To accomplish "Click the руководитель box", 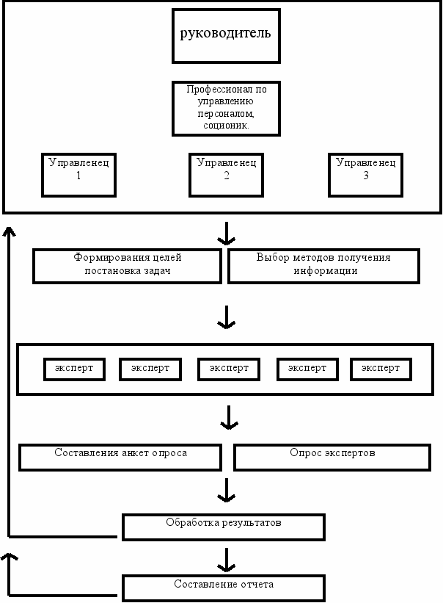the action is point(226,36).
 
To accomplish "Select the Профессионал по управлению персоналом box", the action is point(226,109).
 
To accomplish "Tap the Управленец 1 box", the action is point(78,175).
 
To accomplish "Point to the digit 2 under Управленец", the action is point(227,176).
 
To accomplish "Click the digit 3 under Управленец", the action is point(366,176).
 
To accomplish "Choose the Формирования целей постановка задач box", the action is point(128,267).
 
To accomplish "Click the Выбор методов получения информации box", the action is point(323,267).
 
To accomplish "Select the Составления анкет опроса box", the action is point(120,458).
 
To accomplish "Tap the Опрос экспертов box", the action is point(332,458).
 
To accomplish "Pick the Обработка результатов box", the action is point(224,527).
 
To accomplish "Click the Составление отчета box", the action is point(224,588).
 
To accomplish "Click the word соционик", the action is point(226,126).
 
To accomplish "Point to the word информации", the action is point(326,271).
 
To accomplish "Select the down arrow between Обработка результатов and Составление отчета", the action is point(227,560).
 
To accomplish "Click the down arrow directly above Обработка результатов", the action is point(227,491).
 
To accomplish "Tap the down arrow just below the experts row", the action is point(229,418).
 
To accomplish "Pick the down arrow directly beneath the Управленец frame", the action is point(227,234).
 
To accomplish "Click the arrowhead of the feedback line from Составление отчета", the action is point(10,557).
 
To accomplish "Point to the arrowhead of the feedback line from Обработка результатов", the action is point(10,231).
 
